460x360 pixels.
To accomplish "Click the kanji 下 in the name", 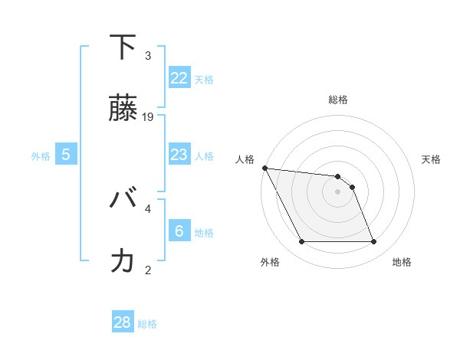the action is click(123, 48).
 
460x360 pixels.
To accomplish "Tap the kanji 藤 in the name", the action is click(123, 110).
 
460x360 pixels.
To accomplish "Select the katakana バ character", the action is click(123, 201).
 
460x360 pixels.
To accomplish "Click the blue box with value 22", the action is click(179, 78).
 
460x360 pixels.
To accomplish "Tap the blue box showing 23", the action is click(179, 155).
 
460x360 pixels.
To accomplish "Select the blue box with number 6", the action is click(179, 231).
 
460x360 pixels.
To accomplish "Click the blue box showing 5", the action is click(66, 155).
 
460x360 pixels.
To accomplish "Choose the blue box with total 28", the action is click(123, 322).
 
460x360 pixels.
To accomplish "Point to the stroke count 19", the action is click(149, 117).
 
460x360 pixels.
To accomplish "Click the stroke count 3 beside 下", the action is click(148, 56).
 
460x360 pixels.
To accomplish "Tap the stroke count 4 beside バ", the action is click(148, 208).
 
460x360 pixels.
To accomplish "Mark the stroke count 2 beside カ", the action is click(148, 270).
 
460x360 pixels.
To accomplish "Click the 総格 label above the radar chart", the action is click(337, 100).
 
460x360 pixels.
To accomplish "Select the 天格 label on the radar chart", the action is click(431, 159).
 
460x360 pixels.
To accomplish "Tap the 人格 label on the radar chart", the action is click(244, 159).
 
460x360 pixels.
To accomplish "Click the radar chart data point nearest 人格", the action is click(264, 168).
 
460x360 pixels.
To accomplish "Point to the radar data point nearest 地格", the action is click(374, 242).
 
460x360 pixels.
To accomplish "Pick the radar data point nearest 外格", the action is click(301, 242).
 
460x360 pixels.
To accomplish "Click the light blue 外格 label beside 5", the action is click(41, 155).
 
